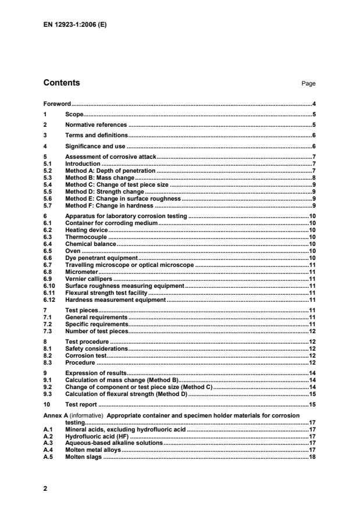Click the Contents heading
[x=62, y=83]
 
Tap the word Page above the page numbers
[x=308, y=84]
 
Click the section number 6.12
[x=49, y=299]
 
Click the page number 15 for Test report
[x=312, y=403]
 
